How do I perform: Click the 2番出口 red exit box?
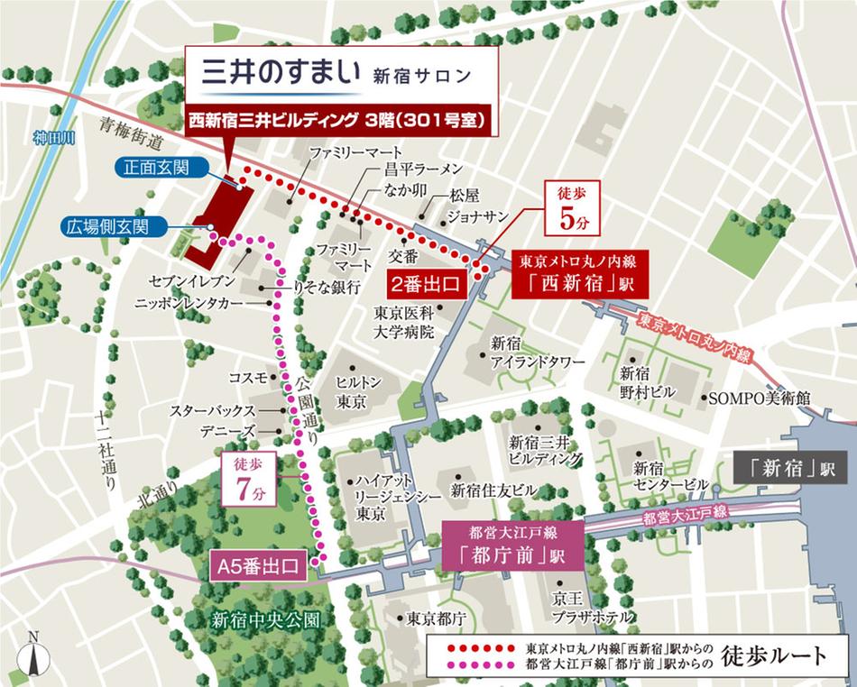(x=424, y=284)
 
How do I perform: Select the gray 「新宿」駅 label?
(x=784, y=469)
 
